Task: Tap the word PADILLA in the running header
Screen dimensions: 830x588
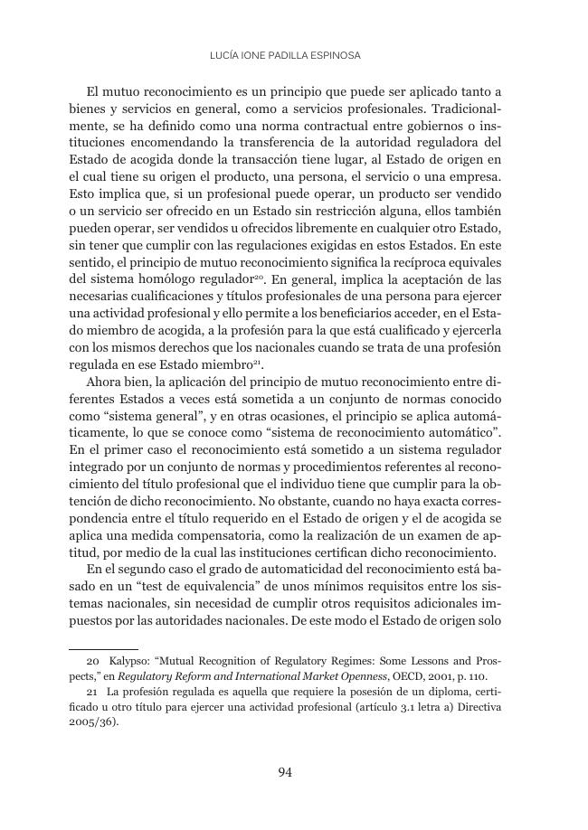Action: point(291,55)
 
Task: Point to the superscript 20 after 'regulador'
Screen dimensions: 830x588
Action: point(259,275)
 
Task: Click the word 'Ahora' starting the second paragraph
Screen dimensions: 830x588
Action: point(106,382)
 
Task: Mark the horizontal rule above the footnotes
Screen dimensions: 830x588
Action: point(103,648)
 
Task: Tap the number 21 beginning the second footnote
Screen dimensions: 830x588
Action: point(91,693)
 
